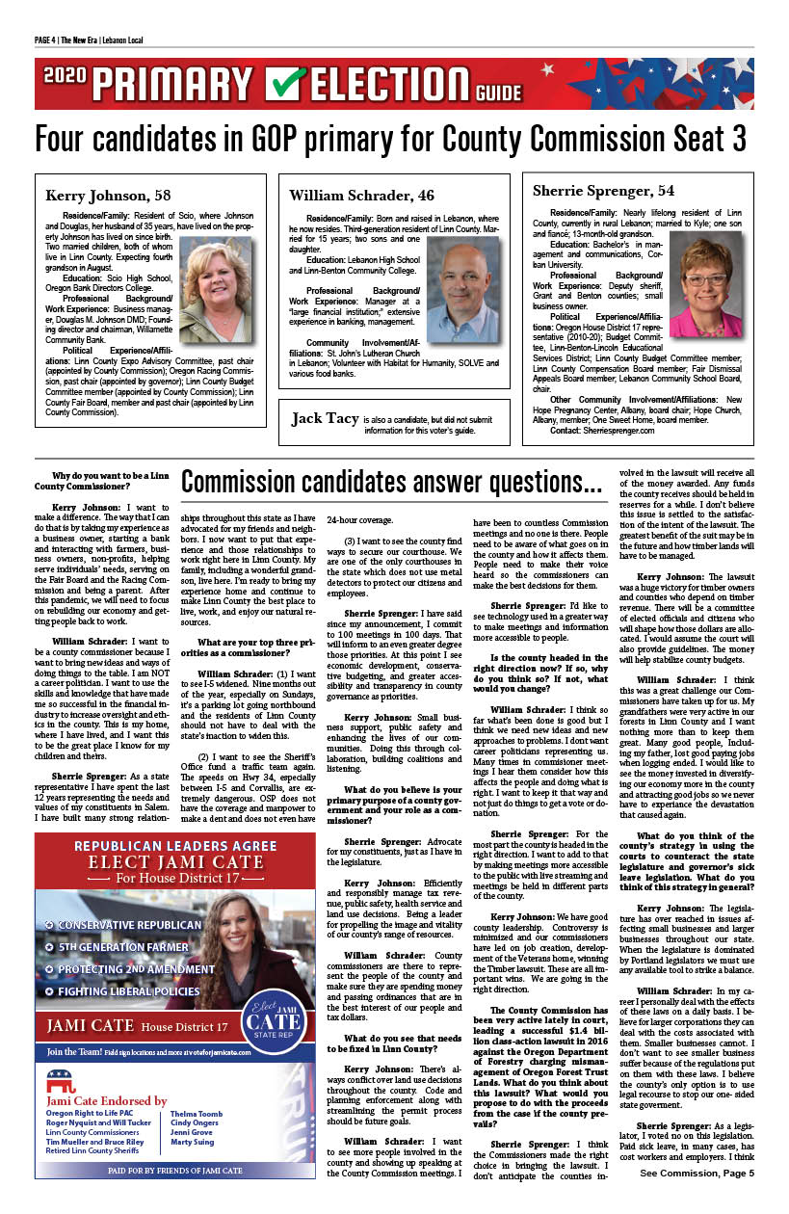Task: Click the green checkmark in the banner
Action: tap(286, 84)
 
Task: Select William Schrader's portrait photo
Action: tap(461, 289)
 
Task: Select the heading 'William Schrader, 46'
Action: tap(361, 195)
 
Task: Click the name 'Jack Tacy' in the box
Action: tap(324, 419)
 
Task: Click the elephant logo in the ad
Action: tap(62, 1074)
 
